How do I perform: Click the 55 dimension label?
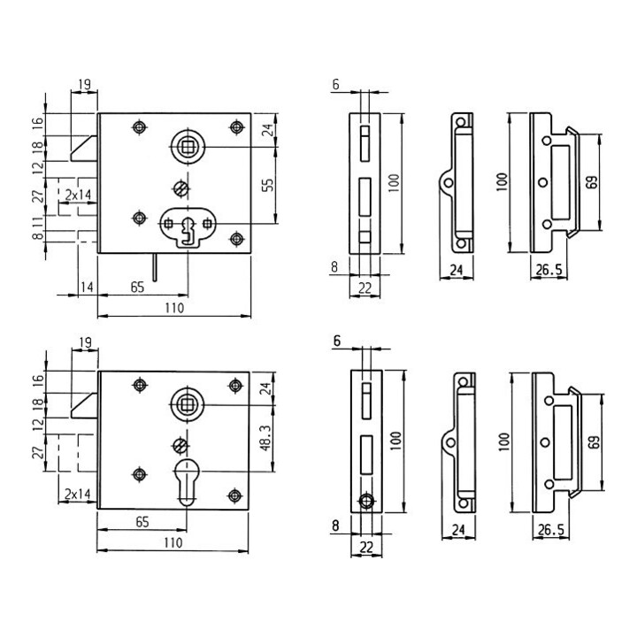click(268, 185)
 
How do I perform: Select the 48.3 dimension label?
click(266, 438)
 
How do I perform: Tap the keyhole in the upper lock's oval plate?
click(188, 232)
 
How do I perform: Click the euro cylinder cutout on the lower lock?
click(187, 482)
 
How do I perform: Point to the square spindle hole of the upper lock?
click(188, 147)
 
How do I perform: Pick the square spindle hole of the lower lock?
click(187, 405)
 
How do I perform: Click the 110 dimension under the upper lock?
click(174, 308)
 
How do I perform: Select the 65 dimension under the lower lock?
click(142, 522)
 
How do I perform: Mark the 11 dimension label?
click(38, 222)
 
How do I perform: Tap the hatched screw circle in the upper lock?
click(181, 188)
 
